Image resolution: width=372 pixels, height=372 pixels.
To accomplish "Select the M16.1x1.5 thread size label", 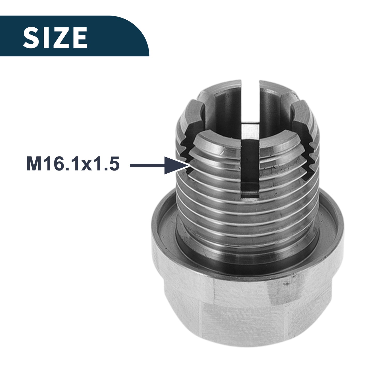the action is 73,164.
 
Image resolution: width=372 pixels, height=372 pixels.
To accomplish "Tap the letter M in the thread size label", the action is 33,164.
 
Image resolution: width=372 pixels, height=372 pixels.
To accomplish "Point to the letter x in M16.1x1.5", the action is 86,166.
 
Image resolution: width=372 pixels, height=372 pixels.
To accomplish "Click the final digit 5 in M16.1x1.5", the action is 114,164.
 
